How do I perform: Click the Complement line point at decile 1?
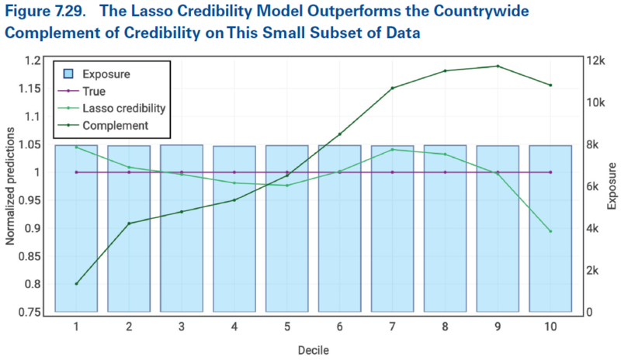coord(76,283)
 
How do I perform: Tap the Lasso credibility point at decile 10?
coord(550,231)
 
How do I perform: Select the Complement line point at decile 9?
coord(498,66)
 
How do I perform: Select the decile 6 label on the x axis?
coord(339,327)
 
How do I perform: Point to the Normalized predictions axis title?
coord(11,186)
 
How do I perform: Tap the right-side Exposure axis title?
coord(612,186)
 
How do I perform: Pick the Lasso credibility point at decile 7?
coord(392,149)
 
